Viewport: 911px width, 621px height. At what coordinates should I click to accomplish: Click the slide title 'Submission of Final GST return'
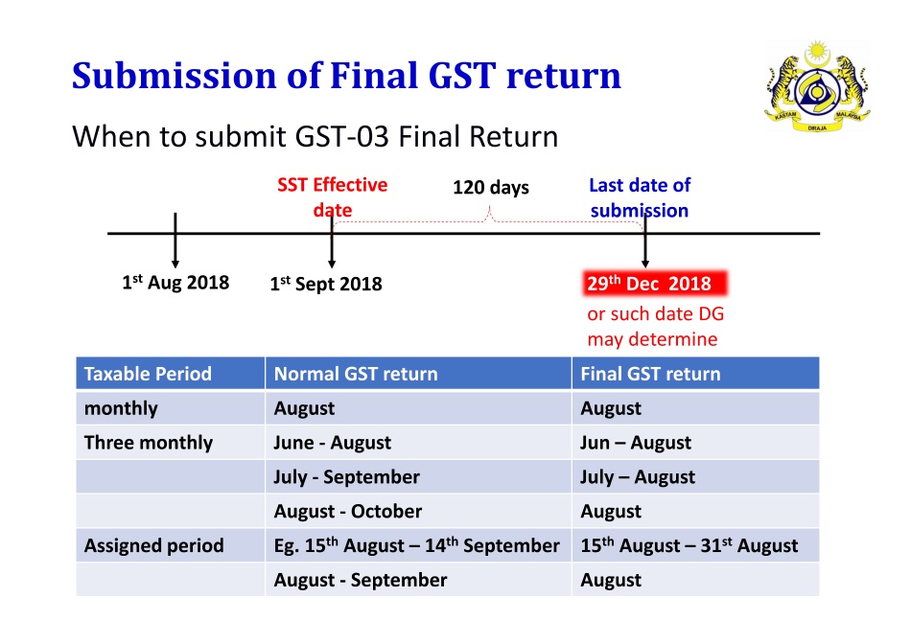point(346,75)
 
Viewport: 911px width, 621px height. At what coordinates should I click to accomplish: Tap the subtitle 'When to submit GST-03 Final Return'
point(315,136)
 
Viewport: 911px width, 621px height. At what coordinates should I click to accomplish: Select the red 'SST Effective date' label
point(333,197)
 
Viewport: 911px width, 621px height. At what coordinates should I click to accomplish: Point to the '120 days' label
point(490,187)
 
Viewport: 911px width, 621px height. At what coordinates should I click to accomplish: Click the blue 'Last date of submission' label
point(639,197)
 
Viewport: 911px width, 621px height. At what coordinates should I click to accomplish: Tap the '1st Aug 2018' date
point(175,282)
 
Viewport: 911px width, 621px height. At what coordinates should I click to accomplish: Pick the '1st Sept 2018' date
point(326,284)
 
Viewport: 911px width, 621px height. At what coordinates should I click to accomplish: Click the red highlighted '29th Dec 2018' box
point(656,284)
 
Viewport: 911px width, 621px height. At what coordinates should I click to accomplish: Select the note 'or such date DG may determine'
point(654,327)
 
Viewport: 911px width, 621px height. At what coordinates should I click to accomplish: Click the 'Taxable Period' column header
point(148,374)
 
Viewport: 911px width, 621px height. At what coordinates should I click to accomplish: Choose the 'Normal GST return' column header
point(356,374)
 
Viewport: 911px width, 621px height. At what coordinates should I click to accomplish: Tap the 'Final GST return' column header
point(650,374)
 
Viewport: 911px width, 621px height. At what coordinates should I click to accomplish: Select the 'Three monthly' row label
point(149,443)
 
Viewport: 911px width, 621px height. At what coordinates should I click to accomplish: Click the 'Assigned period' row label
point(153,545)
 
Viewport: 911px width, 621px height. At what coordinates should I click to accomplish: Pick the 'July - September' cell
point(346,477)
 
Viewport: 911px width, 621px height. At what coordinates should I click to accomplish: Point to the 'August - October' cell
point(347,512)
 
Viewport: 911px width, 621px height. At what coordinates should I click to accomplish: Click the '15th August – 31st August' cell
point(689,545)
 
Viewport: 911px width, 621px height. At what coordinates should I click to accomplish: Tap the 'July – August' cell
point(637,477)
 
